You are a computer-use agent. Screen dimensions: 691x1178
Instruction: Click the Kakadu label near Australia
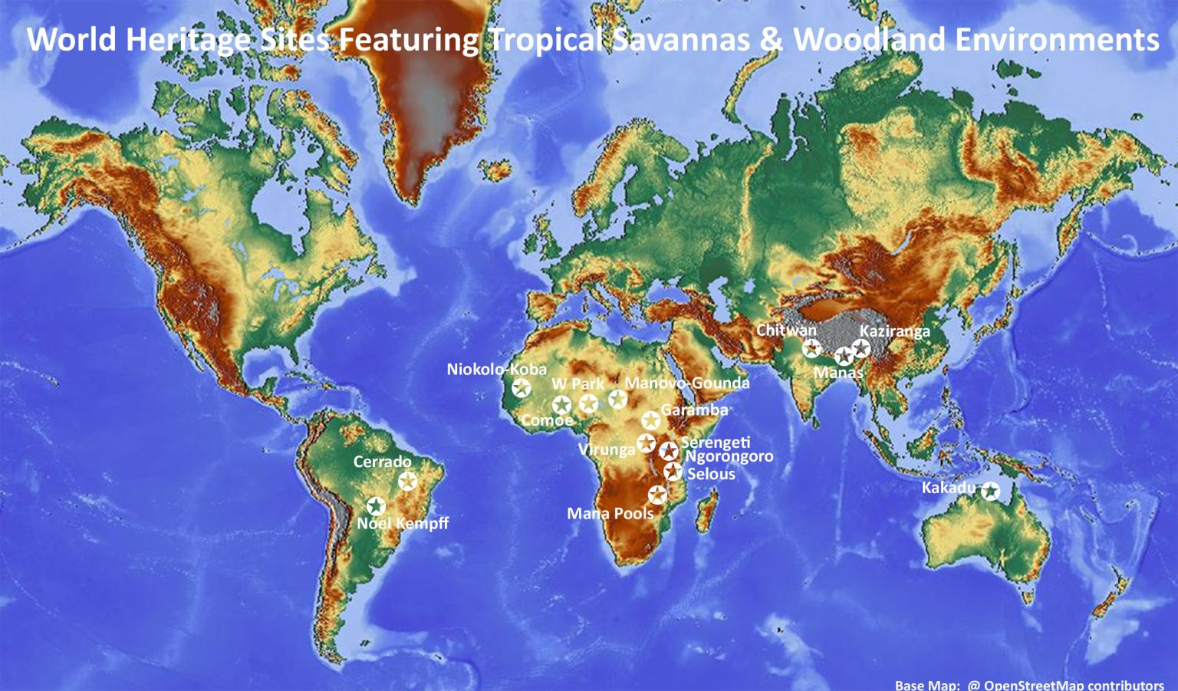click(x=949, y=488)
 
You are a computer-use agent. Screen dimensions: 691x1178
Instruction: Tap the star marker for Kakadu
click(x=991, y=492)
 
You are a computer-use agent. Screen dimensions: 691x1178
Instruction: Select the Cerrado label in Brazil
click(x=382, y=462)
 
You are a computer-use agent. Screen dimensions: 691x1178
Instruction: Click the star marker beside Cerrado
click(x=408, y=481)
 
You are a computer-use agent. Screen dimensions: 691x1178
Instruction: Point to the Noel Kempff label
click(x=403, y=523)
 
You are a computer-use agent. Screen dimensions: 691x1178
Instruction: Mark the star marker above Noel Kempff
click(x=375, y=505)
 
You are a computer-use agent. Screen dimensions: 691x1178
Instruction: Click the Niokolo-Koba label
click(x=496, y=370)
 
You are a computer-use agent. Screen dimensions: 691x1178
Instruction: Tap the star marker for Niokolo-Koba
click(x=522, y=387)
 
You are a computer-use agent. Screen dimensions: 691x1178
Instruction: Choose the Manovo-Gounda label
click(x=687, y=383)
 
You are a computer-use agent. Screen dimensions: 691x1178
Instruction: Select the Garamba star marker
click(x=650, y=420)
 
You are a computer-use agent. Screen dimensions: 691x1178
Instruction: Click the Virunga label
click(x=606, y=449)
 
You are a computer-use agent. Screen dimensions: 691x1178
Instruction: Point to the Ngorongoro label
click(x=729, y=457)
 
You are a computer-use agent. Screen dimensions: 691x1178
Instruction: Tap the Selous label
click(x=711, y=474)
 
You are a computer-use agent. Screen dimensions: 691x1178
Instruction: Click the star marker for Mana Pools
click(x=657, y=495)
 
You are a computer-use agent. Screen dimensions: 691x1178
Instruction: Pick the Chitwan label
click(x=786, y=330)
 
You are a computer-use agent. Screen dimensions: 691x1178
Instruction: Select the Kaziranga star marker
click(x=861, y=348)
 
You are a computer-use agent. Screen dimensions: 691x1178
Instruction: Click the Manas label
click(x=838, y=373)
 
